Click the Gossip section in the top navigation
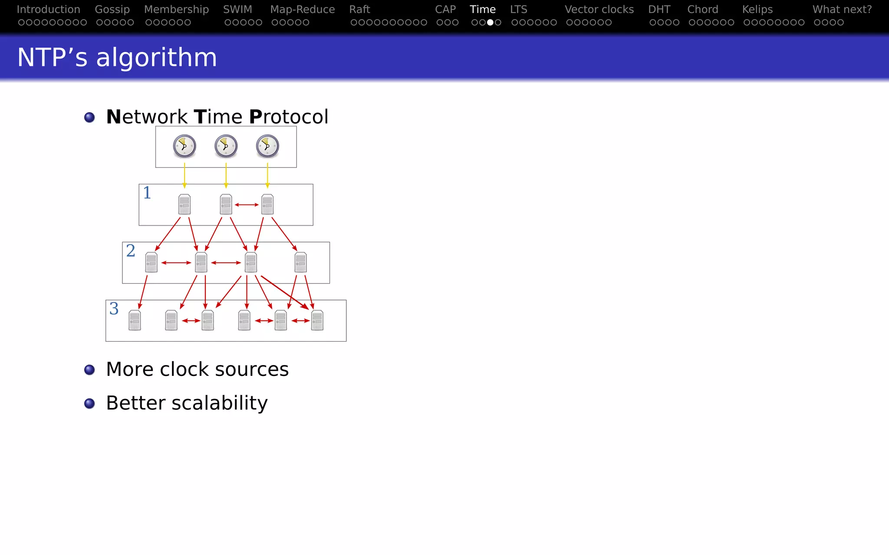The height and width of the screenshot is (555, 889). click(x=112, y=10)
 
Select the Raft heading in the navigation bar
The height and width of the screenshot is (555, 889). click(x=359, y=10)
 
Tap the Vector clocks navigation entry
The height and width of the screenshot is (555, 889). click(x=599, y=10)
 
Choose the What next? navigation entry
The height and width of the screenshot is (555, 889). click(x=842, y=10)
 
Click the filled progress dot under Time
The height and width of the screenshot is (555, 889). click(x=490, y=23)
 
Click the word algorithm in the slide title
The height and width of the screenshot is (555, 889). click(x=156, y=58)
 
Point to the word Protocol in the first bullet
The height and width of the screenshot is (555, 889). click(x=289, y=117)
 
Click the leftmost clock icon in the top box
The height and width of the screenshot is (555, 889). click(x=184, y=146)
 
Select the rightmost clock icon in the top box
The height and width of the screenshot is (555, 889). click(x=267, y=146)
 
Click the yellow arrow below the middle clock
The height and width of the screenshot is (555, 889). click(x=226, y=175)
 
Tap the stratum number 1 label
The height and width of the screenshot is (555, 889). click(x=147, y=193)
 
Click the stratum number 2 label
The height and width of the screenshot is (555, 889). click(x=131, y=251)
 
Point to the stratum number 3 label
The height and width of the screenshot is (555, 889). click(x=114, y=309)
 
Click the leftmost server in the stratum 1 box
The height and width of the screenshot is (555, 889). click(x=184, y=204)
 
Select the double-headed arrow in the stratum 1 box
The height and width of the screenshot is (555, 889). click(x=247, y=205)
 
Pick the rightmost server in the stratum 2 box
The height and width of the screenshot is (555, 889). click(x=300, y=262)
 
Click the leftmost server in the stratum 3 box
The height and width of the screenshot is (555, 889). click(x=135, y=320)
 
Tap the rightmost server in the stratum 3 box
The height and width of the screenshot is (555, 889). click(x=317, y=320)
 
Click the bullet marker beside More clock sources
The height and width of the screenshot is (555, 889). click(x=89, y=370)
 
